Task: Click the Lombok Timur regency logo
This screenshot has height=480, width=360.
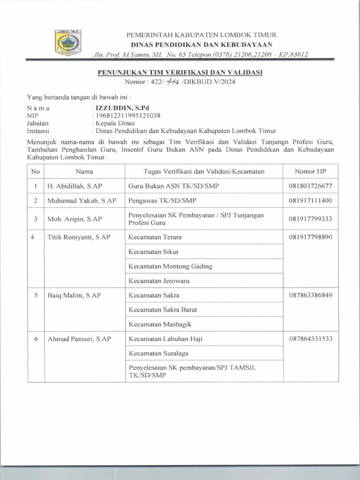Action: [68, 43]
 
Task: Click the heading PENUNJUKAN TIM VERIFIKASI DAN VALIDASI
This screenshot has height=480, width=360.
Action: [180, 73]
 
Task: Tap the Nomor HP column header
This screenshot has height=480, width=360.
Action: [310, 172]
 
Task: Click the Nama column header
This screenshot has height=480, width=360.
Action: [84, 172]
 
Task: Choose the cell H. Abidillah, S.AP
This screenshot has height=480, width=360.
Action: [72, 186]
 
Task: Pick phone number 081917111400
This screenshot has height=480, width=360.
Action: [310, 201]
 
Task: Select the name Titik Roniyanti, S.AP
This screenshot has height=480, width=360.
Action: [79, 237]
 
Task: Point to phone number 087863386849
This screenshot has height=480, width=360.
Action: [310, 295]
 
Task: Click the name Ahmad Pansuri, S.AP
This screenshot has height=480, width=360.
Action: [79, 338]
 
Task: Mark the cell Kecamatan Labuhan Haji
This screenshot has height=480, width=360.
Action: [165, 338]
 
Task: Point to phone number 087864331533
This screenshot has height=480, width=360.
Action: [310, 338]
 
